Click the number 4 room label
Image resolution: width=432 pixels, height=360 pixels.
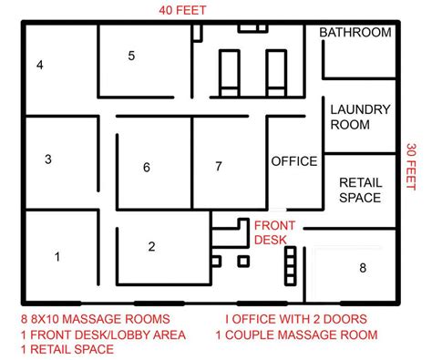pos(40,65)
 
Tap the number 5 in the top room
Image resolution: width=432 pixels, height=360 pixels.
pos(131,56)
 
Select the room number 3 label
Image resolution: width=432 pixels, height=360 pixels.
pos(47,159)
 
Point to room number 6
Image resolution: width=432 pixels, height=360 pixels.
pos(146,167)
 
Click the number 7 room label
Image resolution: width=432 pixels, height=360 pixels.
pos(218,166)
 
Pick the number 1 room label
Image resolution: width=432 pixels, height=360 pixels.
pos(57,257)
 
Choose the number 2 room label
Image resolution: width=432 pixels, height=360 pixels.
pos(151,245)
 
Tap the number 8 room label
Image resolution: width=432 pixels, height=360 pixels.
pos(362,267)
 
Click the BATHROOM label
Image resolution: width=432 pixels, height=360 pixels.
pos(355,33)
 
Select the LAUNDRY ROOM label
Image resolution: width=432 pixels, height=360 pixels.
pos(360,117)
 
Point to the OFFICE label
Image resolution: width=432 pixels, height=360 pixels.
pos(293,161)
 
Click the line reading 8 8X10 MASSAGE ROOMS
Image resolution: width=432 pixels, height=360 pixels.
pos(95,320)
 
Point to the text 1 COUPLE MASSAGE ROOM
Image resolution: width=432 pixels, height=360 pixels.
pos(296,335)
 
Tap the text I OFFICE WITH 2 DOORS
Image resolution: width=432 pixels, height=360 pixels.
pos(295,320)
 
